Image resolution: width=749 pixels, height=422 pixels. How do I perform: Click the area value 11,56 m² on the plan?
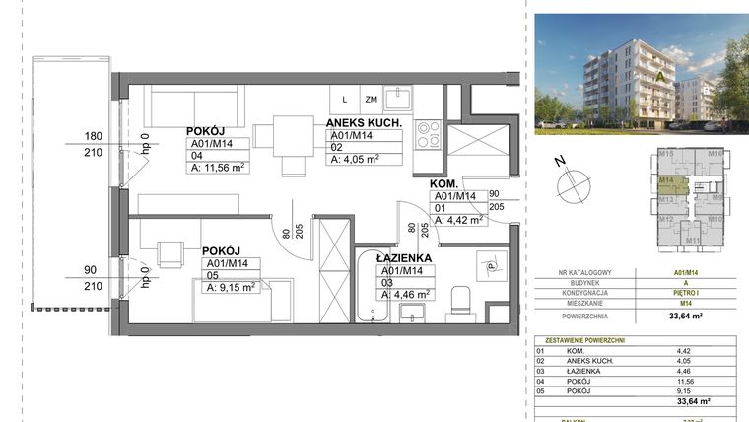(x=216, y=167)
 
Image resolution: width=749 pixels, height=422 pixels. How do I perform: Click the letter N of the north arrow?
(x=560, y=161)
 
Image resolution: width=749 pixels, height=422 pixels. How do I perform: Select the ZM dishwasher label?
(x=371, y=99)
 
